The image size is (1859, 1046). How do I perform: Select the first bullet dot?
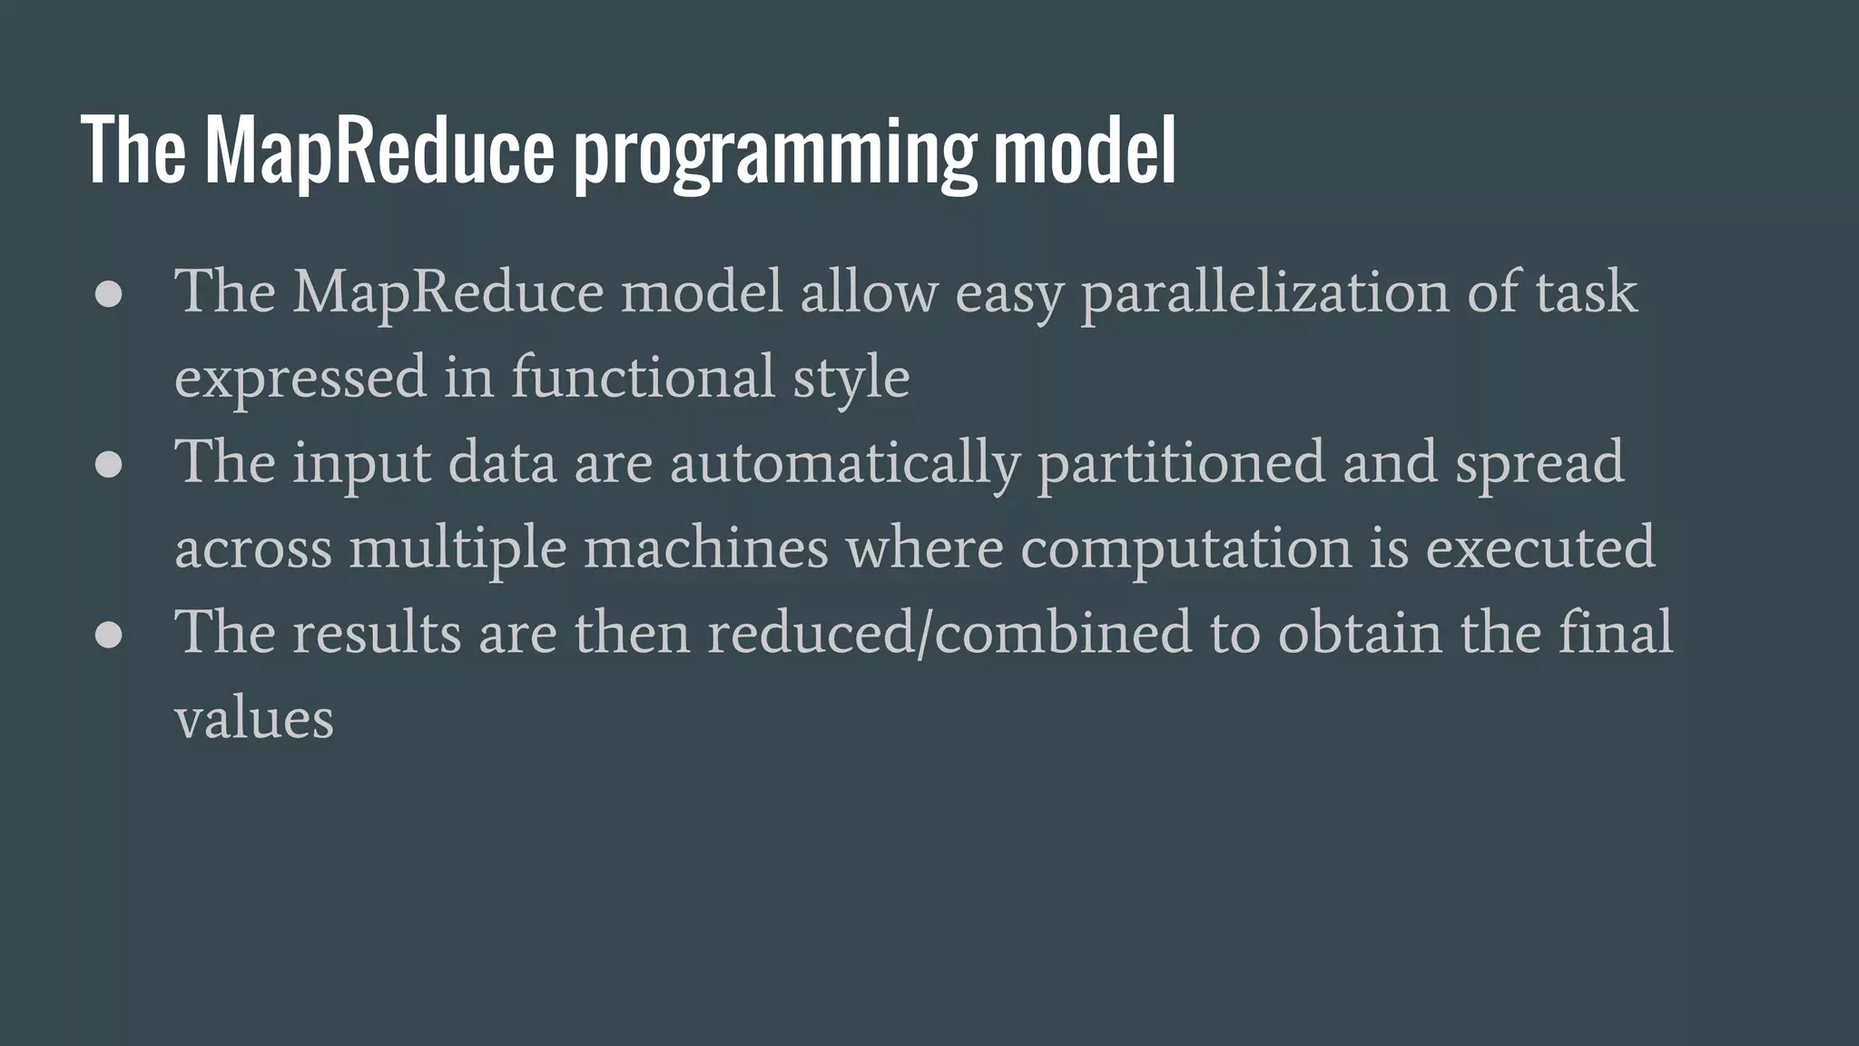pos(109,295)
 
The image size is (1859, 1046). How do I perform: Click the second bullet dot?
pos(109,465)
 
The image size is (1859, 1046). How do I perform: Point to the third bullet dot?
pos(109,636)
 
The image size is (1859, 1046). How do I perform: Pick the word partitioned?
pos(1181,463)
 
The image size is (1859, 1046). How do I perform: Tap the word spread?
pos(1539,463)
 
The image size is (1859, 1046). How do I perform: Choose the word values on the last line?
pos(254,719)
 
